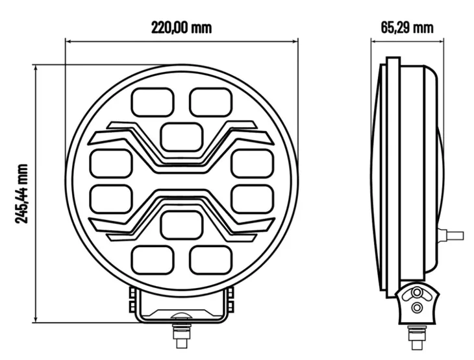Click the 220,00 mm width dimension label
pos(181,28)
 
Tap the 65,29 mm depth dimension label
pos(407,28)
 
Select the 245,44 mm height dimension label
pos(22,193)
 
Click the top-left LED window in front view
pos(153,102)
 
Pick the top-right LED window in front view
pos(210,102)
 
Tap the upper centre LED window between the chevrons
pos(182,137)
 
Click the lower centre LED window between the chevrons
pos(182,225)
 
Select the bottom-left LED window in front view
pos(153,260)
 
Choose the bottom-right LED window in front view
pos(210,260)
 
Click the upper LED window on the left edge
pos(111,163)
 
